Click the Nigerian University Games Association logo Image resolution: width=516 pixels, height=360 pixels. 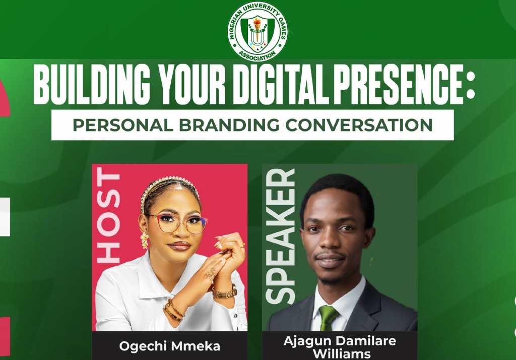pyautogui.click(x=257, y=31)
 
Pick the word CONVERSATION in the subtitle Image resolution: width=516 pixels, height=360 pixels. pyautogui.click(x=359, y=125)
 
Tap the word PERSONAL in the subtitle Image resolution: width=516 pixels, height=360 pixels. pyautogui.click(x=123, y=125)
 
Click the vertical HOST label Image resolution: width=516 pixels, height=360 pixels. pyautogui.click(x=109, y=216)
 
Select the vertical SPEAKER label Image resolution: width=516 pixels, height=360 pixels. pyautogui.click(x=280, y=236)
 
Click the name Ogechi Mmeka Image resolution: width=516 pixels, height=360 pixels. pyautogui.click(x=169, y=346)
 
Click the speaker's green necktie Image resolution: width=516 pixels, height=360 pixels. pyautogui.click(x=328, y=318)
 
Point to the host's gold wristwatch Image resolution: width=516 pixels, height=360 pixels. pyautogui.click(x=225, y=292)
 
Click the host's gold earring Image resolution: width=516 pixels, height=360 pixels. pyautogui.click(x=145, y=240)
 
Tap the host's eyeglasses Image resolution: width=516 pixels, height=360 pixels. pyautogui.click(x=178, y=223)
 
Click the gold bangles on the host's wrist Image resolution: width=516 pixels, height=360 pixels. pyautogui.click(x=173, y=310)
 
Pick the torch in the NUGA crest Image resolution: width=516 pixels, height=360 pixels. pyautogui.click(x=257, y=25)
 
